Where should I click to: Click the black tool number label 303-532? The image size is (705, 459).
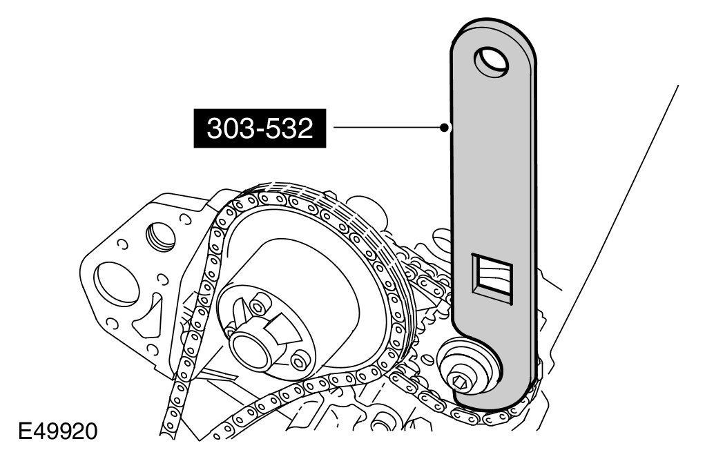260,128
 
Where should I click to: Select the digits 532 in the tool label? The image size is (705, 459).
292,128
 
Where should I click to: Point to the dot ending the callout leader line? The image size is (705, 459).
444,128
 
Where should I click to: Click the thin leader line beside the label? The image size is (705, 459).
387,128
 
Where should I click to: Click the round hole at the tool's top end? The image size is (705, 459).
492,61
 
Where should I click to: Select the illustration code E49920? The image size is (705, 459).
57,431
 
